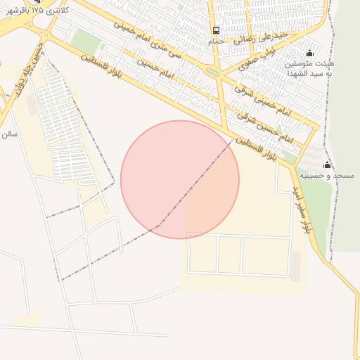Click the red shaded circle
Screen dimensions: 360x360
[180, 179]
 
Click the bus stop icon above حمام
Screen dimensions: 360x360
[216, 31]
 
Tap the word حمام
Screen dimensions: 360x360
[216, 41]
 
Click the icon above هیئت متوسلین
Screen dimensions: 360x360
[310, 53]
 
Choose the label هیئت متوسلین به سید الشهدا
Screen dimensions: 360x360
[309, 69]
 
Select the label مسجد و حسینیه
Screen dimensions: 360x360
[327, 174]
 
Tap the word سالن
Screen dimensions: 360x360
[8, 133]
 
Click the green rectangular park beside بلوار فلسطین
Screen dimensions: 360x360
[86, 40]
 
